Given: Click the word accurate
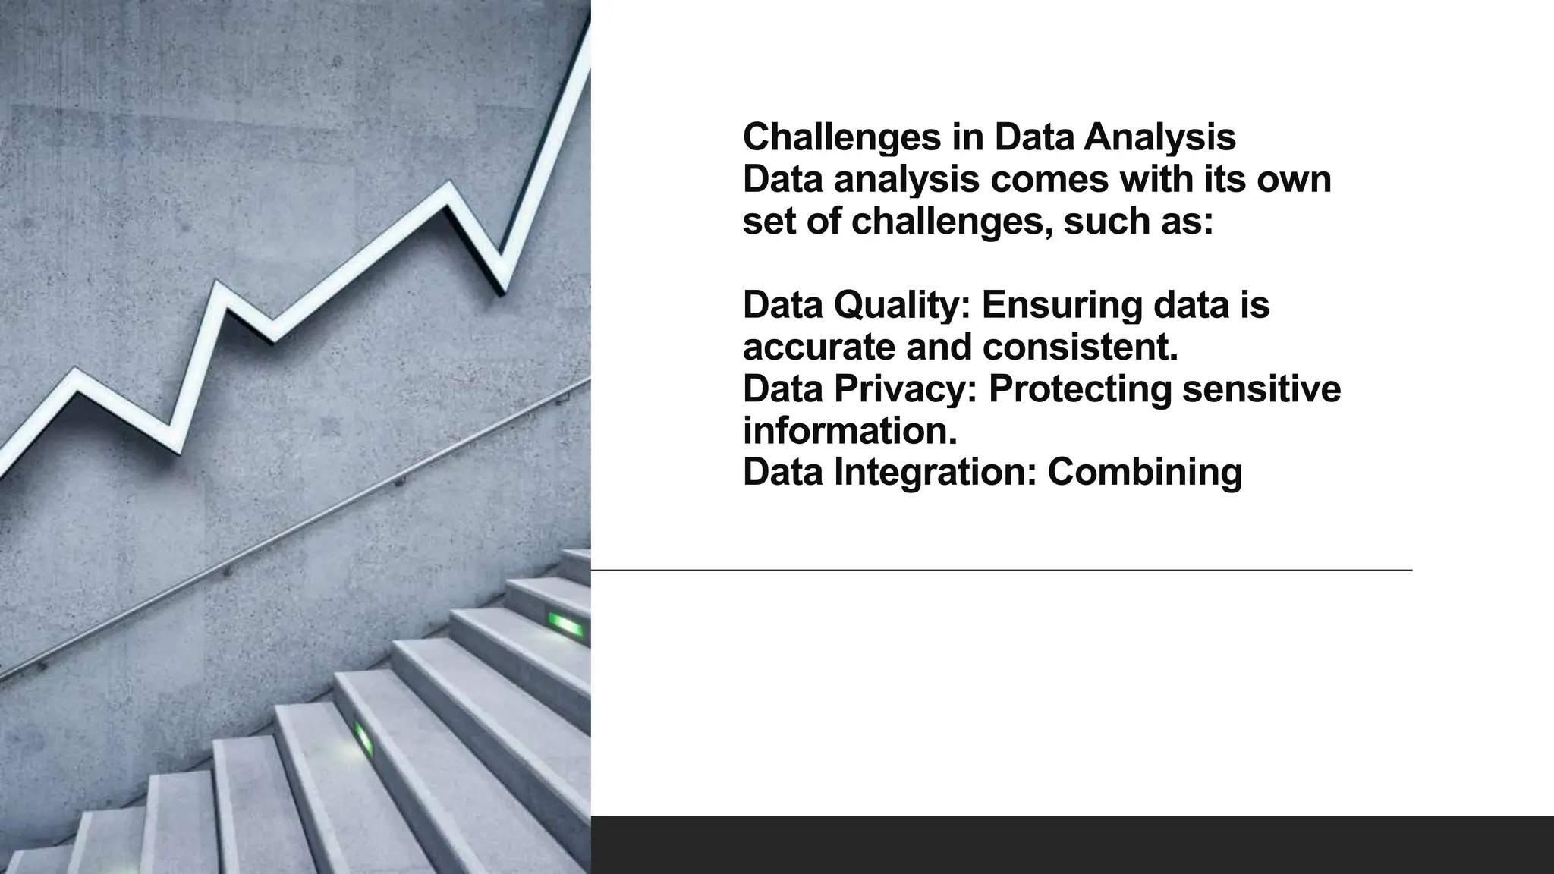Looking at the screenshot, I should point(819,348).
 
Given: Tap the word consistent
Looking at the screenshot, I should point(1081,348).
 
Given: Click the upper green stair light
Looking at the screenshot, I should point(567,625).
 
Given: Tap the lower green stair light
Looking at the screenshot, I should point(364,738).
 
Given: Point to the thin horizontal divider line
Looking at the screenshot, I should point(1002,569).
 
